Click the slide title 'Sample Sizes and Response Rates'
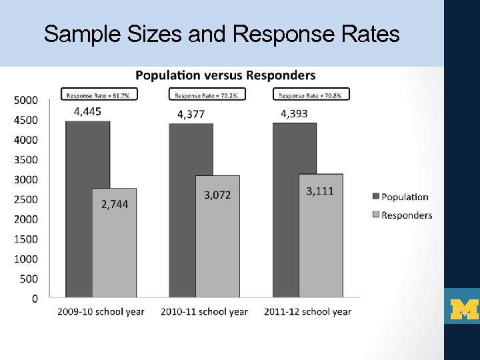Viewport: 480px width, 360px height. click(x=221, y=33)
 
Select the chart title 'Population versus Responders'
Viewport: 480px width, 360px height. click(x=226, y=75)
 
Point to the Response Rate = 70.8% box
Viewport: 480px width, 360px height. click(x=309, y=95)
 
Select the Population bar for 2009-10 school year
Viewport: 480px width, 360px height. click(x=79, y=213)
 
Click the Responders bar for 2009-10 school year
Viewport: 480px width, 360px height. click(x=114, y=253)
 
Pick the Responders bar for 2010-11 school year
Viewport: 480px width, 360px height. click(x=217, y=253)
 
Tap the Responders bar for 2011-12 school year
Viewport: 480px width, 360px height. click(x=321, y=253)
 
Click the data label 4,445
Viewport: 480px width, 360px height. click(x=87, y=111)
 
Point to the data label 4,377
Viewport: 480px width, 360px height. click(x=191, y=114)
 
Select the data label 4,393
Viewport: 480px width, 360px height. click(x=294, y=113)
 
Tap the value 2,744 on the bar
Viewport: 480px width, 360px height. click(x=115, y=205)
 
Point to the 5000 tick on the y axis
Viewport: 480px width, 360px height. click(x=26, y=101)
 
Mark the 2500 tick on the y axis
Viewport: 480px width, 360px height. click(x=26, y=199)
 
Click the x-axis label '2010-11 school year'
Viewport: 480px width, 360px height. click(x=204, y=311)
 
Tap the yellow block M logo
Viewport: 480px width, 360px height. click(x=465, y=309)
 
